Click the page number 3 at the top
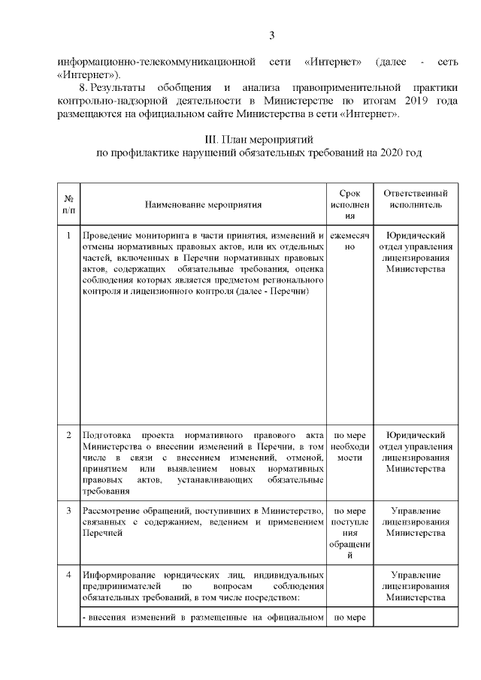coord(272,35)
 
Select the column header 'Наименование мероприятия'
coord(204,204)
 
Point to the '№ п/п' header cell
coord(68,204)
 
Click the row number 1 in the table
coord(68,235)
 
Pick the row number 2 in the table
coord(68,435)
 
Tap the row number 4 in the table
coord(68,576)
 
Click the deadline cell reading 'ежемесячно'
coord(350,240)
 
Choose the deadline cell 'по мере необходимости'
coord(350,446)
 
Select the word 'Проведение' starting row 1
coord(107,235)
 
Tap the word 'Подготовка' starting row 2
coord(106,435)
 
